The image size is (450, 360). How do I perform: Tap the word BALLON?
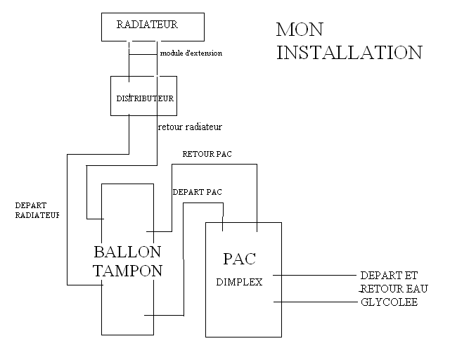pyautogui.click(x=127, y=252)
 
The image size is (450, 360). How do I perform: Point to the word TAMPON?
pyautogui.click(x=127, y=271)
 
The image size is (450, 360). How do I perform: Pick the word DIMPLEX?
pyautogui.click(x=238, y=283)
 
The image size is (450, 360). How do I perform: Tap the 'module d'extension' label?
pyautogui.click(x=191, y=53)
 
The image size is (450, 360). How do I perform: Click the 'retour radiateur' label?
pyautogui.click(x=190, y=127)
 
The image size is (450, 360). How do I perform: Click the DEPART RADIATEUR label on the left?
pyautogui.click(x=37, y=210)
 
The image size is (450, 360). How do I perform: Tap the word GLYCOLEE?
pyautogui.click(x=389, y=302)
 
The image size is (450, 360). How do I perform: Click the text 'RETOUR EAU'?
pyautogui.click(x=394, y=289)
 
